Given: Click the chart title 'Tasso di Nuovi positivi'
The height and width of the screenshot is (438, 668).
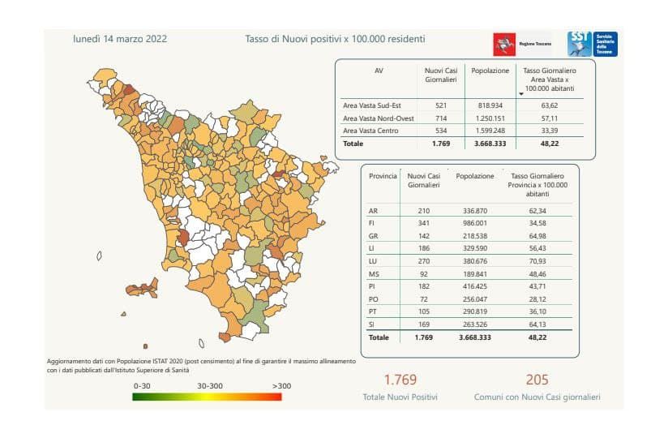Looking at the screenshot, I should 335,39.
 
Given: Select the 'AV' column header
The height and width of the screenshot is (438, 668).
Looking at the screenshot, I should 379,71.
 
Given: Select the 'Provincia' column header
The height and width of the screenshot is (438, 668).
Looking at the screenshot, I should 383,176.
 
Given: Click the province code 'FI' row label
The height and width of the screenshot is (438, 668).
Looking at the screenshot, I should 372,223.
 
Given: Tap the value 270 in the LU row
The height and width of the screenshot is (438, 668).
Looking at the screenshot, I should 423,262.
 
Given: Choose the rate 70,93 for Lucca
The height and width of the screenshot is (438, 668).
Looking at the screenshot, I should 535,262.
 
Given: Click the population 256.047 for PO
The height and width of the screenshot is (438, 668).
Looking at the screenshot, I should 474,299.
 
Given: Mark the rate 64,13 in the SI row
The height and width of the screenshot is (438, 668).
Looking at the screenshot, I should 535,324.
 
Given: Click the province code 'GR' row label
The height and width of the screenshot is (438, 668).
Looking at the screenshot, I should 373,236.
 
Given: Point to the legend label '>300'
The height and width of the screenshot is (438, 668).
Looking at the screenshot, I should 281,386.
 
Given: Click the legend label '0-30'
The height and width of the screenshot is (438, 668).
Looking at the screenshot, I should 143,386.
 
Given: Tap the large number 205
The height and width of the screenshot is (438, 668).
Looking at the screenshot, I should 537,380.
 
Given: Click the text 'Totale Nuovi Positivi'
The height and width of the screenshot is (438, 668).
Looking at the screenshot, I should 400,397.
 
